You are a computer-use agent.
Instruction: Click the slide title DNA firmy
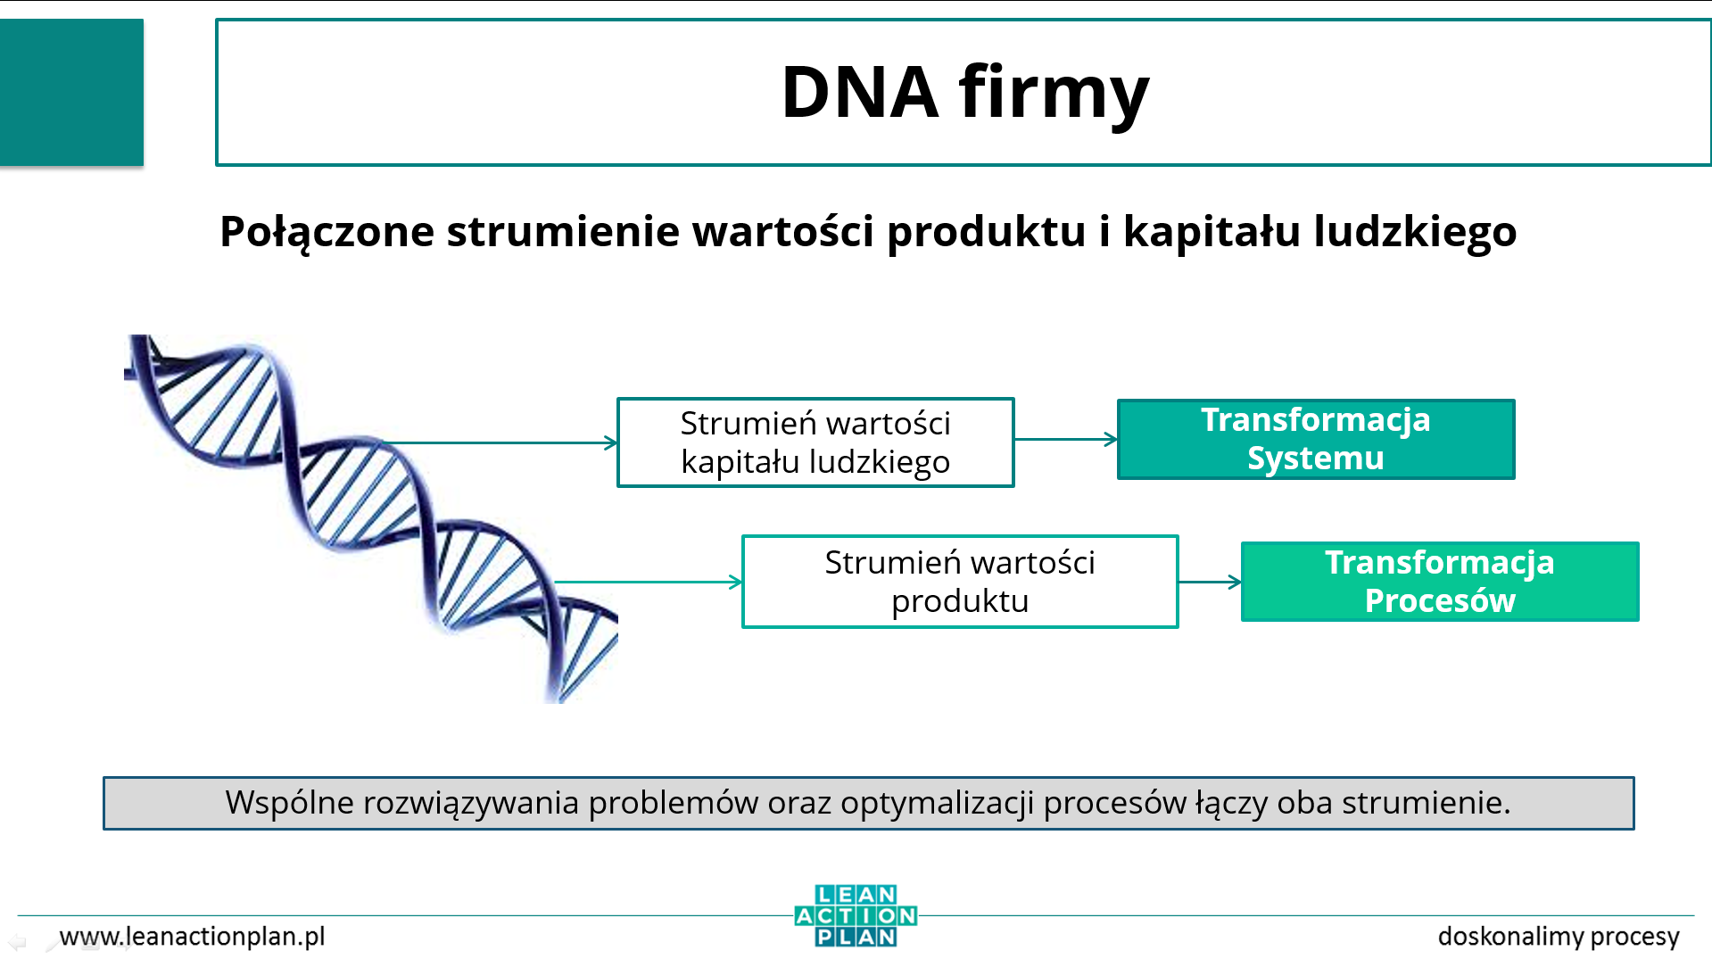point(964,92)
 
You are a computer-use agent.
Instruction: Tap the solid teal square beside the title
point(71,92)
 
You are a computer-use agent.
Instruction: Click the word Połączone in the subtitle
point(327,232)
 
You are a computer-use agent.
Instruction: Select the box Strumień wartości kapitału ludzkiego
point(815,442)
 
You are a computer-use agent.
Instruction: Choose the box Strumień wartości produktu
point(960,582)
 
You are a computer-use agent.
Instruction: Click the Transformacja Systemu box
point(1316,439)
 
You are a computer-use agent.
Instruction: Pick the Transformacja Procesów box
point(1440,582)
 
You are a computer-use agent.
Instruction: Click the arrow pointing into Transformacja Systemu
point(1066,439)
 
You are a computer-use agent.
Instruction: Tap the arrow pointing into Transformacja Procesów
point(1211,582)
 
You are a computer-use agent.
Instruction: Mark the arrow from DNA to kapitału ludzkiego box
point(500,442)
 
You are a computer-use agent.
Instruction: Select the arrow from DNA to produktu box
point(649,582)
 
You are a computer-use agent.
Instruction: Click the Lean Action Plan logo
point(856,915)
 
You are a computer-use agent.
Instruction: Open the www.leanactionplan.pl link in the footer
point(192,937)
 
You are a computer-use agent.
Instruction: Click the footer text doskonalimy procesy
point(1559,937)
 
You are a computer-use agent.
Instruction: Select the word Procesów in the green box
point(1440,600)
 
